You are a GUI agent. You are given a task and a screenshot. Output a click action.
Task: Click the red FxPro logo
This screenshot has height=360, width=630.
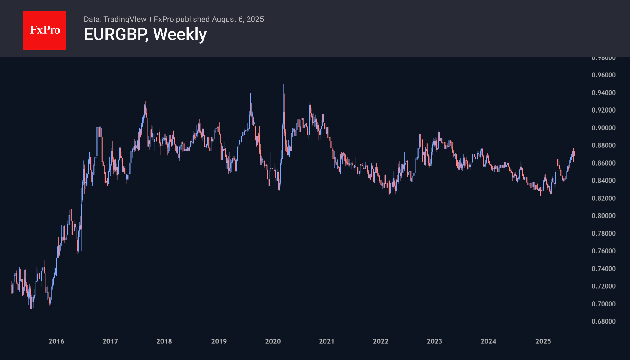tap(45, 30)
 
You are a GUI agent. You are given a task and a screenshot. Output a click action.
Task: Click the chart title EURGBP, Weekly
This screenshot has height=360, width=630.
tap(145, 34)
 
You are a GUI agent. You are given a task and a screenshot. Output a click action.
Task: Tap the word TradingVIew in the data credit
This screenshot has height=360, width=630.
tap(125, 19)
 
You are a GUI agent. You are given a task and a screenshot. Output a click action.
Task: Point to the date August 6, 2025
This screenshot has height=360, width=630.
tap(238, 19)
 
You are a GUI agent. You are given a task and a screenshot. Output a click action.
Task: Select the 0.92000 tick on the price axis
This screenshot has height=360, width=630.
tap(603, 110)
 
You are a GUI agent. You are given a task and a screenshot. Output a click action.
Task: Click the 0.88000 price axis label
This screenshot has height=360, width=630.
tap(603, 145)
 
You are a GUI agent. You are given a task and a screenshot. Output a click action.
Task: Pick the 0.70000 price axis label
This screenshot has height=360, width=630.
tap(603, 304)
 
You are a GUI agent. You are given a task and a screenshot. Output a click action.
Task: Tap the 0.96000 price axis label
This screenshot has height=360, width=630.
tap(603, 75)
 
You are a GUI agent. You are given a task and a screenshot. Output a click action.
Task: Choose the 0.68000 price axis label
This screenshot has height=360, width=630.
tap(603, 321)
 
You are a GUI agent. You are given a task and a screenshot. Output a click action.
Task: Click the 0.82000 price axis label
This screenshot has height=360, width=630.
tap(603, 198)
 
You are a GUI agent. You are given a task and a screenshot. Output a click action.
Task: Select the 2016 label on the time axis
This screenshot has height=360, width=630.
tap(56, 341)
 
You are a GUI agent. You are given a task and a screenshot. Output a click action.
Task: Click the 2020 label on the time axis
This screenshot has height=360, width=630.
tap(273, 341)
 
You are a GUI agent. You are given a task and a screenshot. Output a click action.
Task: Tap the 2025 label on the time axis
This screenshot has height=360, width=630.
tap(543, 341)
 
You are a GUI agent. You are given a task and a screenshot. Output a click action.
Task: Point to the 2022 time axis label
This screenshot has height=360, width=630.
tap(381, 341)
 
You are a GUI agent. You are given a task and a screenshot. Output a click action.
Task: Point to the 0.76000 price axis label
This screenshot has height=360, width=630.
tap(603, 251)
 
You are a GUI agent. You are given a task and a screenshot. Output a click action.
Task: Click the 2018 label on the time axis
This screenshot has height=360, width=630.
tap(164, 341)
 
